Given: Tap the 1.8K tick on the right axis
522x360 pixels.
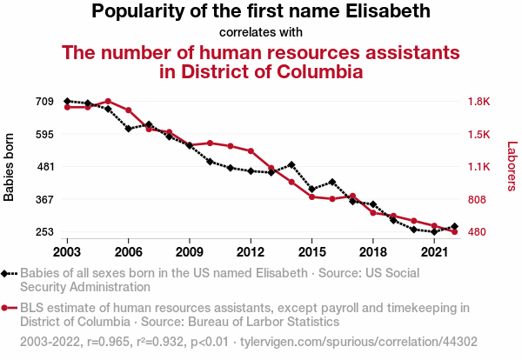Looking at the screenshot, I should (479, 102).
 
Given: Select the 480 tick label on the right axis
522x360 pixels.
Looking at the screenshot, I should (477, 232).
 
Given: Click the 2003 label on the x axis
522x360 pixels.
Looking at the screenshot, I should (67, 251).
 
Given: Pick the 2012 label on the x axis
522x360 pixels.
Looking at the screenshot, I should (251, 251).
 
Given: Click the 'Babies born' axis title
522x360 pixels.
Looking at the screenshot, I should (10, 167).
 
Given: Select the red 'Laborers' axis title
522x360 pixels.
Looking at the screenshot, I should (512, 167).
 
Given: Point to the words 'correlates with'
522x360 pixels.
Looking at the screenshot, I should (261, 32).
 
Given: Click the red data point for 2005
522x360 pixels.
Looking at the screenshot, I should (108, 102).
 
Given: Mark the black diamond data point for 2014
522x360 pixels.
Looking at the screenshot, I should (291, 164).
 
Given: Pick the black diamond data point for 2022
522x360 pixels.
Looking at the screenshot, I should (455, 227).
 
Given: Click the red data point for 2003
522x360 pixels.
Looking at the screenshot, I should (67, 107).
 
